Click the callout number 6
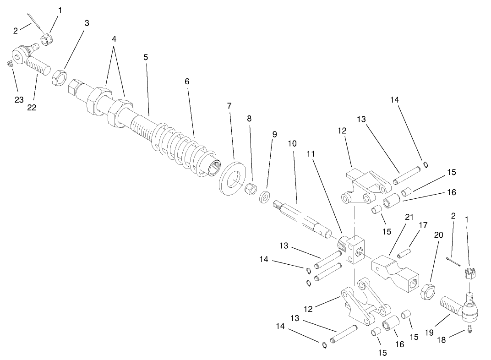(186, 82)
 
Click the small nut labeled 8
(250, 189)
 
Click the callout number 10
(292, 144)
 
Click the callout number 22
(32, 108)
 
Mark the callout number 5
(146, 58)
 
